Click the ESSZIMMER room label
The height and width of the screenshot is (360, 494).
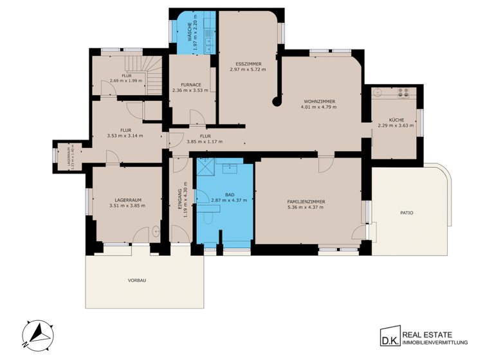(248, 63)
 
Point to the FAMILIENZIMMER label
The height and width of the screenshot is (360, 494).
(306, 202)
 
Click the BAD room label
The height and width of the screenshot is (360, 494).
(230, 194)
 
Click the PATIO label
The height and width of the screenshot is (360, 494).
(406, 212)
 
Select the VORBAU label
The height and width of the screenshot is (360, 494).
(137, 280)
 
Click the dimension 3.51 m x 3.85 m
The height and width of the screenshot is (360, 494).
(127, 206)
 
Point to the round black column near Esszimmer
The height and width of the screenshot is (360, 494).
(277, 100)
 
